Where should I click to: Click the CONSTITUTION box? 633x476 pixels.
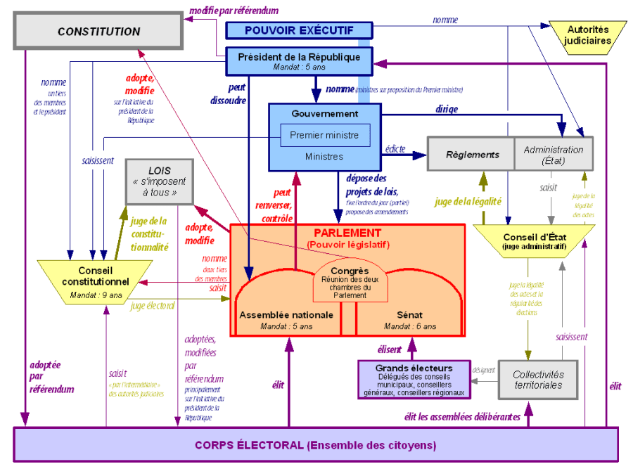tap(98, 32)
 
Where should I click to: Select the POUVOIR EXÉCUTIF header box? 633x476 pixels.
tap(299, 30)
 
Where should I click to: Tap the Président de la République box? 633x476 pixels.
tap(299, 61)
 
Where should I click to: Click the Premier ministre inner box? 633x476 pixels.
tap(324, 135)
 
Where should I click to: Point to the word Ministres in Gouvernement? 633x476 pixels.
tap(324, 156)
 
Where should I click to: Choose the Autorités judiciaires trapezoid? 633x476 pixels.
tap(587, 35)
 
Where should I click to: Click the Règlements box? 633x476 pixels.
tap(471, 154)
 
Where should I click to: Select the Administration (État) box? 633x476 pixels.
tap(554, 154)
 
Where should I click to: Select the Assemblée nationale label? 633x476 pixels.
tap(286, 315)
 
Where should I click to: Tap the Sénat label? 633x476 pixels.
tap(409, 315)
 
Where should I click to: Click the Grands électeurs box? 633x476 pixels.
tap(414, 380)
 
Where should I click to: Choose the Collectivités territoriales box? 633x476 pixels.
tap(537, 380)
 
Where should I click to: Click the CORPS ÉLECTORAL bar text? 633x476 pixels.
tap(315, 445)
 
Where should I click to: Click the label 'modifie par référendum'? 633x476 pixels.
tap(234, 11)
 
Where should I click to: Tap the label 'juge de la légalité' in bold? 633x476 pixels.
tap(468, 201)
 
